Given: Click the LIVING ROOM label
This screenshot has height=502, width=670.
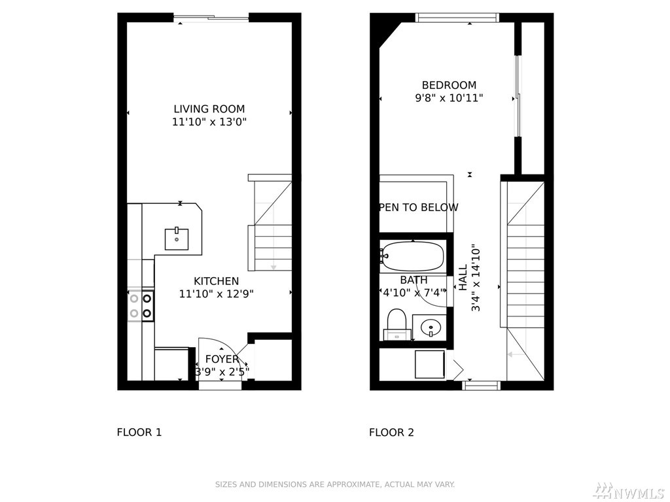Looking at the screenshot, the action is pos(209,109).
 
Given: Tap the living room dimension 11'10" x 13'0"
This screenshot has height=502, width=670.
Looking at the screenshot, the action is pos(209,122).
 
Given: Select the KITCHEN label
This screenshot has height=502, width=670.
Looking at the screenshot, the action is pos(216,281).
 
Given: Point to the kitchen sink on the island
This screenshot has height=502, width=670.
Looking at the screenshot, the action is pos(177,239).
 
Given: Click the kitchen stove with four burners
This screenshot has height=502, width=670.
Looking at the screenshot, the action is pos(141,306).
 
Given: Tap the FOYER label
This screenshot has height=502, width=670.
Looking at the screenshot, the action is pos(222,359).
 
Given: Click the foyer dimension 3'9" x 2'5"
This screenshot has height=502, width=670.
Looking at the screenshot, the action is pos(222,372).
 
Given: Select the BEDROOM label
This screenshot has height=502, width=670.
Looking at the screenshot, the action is pos(449,85).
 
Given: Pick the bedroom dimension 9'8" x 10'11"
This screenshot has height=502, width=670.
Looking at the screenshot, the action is pos(449,98).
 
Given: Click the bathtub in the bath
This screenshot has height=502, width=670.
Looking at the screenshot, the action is pos(413,256).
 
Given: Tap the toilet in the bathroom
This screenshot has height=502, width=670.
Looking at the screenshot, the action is pos(397,324).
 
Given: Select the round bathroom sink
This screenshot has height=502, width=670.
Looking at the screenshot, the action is pos(431,328).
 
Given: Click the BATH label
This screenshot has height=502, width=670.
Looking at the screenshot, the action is pos(414,280).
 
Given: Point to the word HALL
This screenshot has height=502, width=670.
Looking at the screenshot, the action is pos(463,277).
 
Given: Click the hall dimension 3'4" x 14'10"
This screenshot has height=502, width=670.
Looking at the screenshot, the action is pos(476,278).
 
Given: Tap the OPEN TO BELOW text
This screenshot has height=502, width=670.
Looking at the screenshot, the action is pos(419,207).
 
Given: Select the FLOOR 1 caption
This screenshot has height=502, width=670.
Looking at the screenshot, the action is pos(139,433).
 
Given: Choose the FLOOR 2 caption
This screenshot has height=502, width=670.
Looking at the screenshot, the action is pos(391,433).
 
